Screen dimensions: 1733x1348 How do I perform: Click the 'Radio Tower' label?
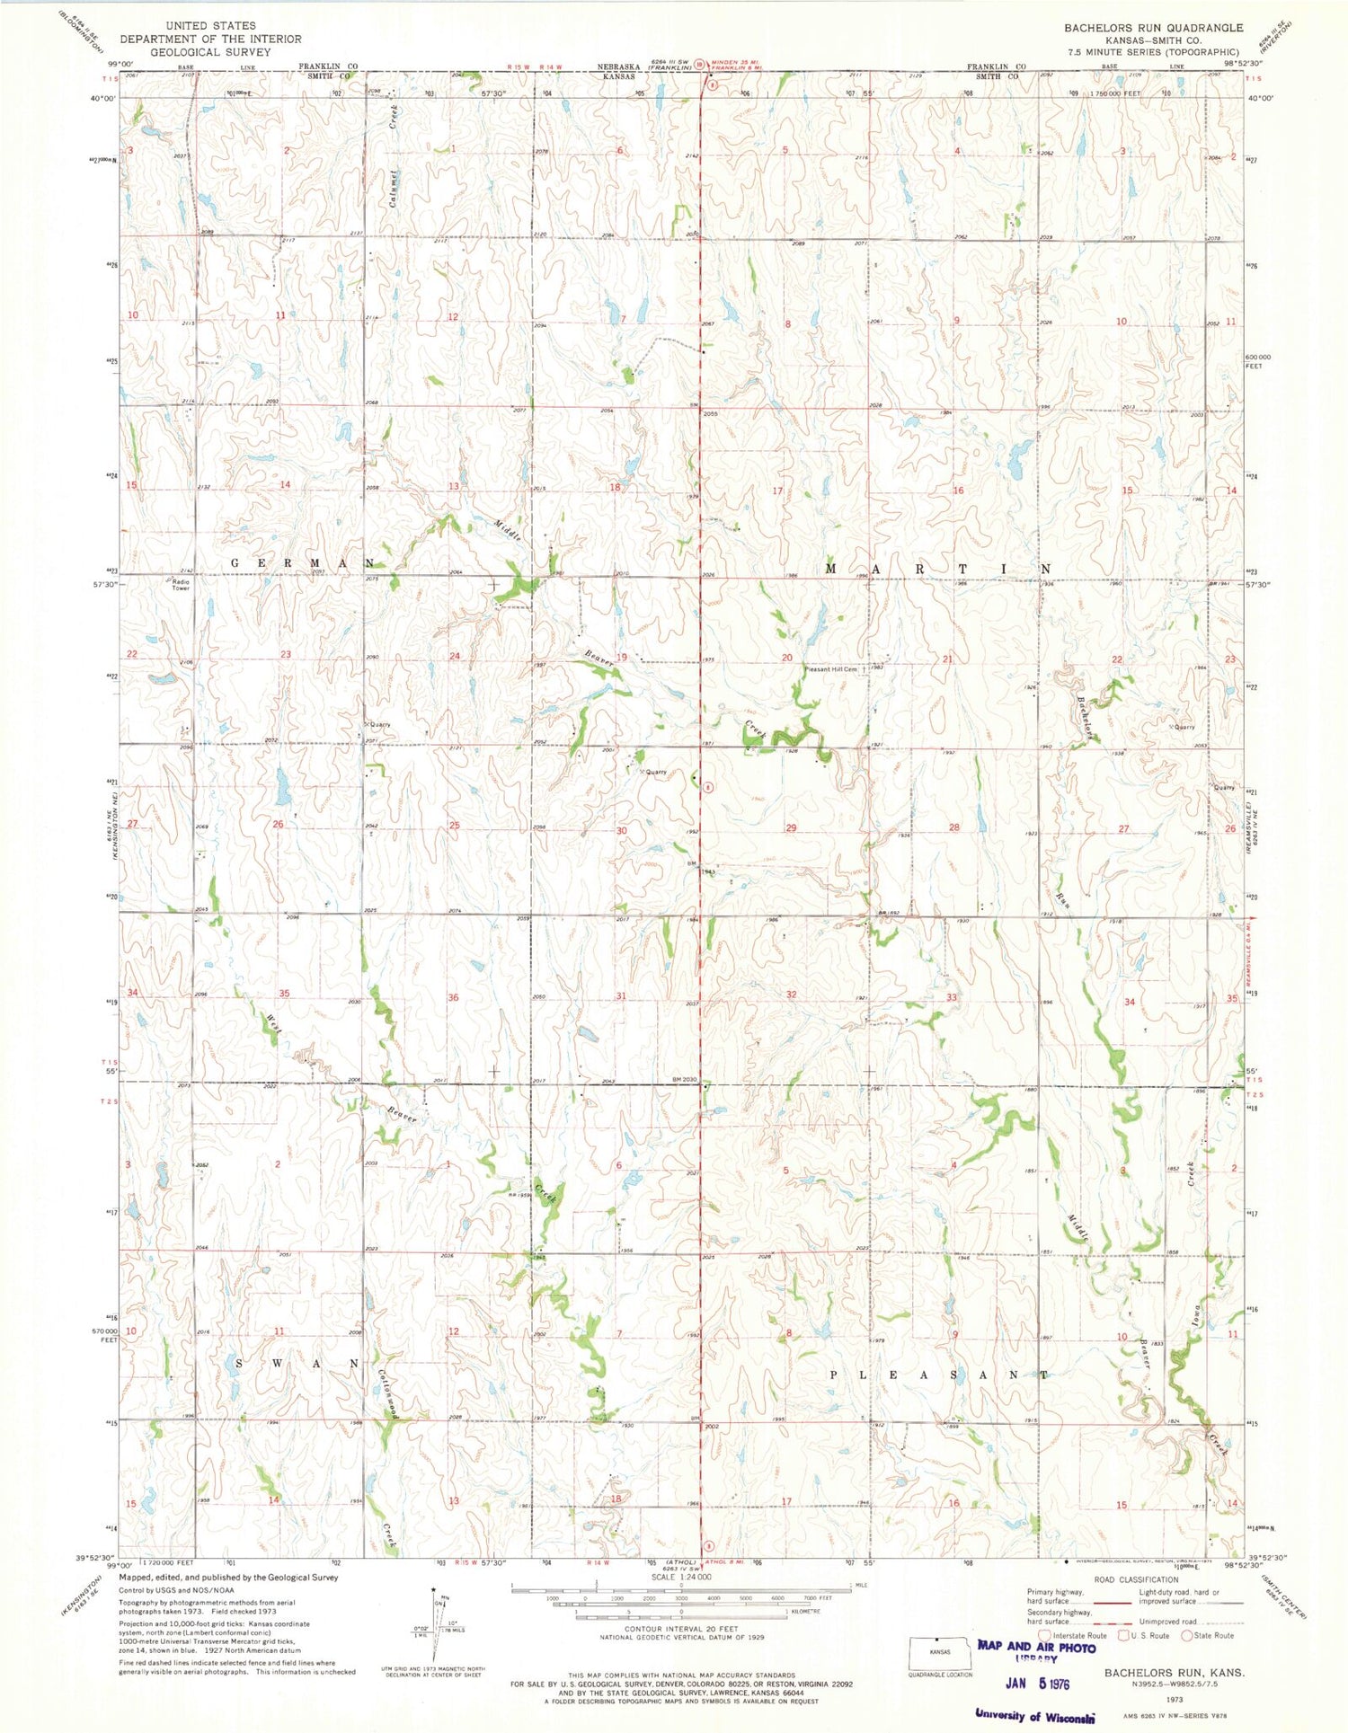tap(182, 584)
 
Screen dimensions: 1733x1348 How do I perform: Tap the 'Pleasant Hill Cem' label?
tap(832, 669)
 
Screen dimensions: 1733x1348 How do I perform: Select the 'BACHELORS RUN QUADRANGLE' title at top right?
tap(1153, 28)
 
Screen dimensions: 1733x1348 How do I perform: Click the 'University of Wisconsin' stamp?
tap(1034, 1715)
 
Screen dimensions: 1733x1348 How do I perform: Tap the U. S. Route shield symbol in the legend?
tap(1123, 1635)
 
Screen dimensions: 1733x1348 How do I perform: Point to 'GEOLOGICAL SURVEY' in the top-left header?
tap(210, 52)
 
